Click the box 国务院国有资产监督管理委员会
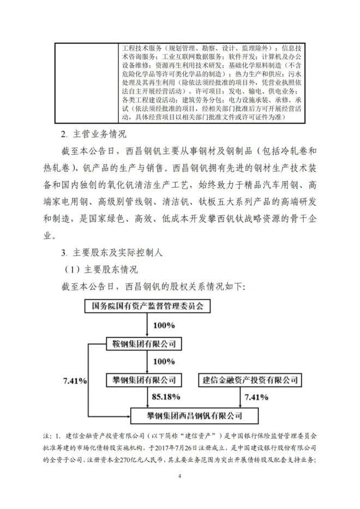pyautogui.click(x=147, y=306)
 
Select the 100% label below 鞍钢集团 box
pyautogui.click(x=164, y=361)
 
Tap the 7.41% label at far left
pyautogui.click(x=75, y=380)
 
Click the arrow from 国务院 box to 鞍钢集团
pyautogui.click(x=147, y=325)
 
